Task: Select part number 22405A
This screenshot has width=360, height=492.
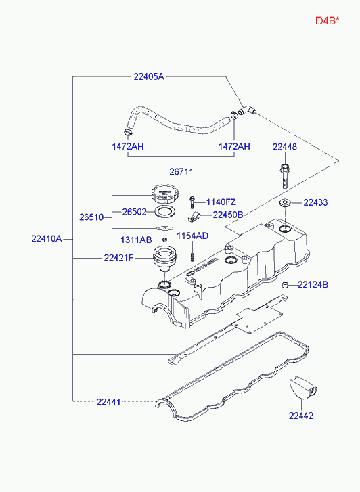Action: [x=148, y=77]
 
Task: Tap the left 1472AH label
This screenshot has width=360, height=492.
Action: [x=128, y=147]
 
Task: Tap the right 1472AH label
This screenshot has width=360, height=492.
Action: [x=233, y=147]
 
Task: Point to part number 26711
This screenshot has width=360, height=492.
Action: [x=181, y=172]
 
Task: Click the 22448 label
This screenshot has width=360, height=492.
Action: [x=285, y=147]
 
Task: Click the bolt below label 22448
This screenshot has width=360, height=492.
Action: [x=284, y=175]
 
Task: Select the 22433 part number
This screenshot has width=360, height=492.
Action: [x=315, y=202]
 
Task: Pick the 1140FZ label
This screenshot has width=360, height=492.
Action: [x=221, y=202]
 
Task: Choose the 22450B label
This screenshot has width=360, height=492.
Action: [x=227, y=215]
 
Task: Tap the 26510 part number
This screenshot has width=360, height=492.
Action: [x=91, y=217]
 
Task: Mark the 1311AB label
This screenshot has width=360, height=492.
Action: [x=136, y=240]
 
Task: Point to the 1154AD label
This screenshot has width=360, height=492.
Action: [x=193, y=236]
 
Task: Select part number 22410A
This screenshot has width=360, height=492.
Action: [x=47, y=238]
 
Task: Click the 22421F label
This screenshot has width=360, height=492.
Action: [x=119, y=258]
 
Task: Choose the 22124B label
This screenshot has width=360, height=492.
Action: [x=313, y=285]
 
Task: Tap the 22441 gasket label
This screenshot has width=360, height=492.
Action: [x=108, y=402]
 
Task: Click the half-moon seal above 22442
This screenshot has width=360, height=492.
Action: [x=302, y=388]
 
